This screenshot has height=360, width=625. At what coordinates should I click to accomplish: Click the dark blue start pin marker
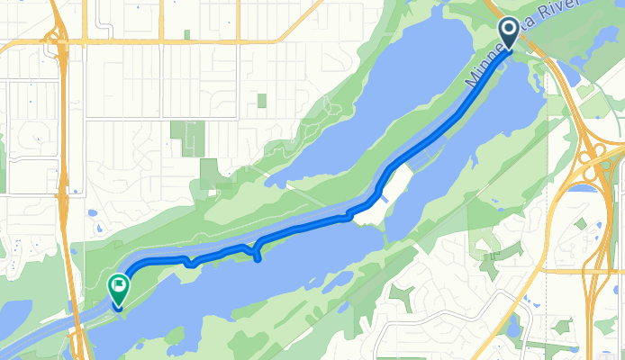point(508,32)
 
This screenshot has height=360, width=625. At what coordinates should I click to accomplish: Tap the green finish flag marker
point(118,287)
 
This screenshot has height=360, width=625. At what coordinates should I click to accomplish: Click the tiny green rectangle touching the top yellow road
point(186,35)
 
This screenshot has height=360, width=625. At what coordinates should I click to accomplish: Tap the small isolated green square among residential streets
point(261,100)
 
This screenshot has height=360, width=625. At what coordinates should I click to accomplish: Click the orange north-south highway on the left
point(66,180)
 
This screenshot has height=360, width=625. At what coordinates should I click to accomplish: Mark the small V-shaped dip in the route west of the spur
point(190,263)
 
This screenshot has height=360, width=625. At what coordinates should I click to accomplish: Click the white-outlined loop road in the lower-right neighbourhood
point(423,333)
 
